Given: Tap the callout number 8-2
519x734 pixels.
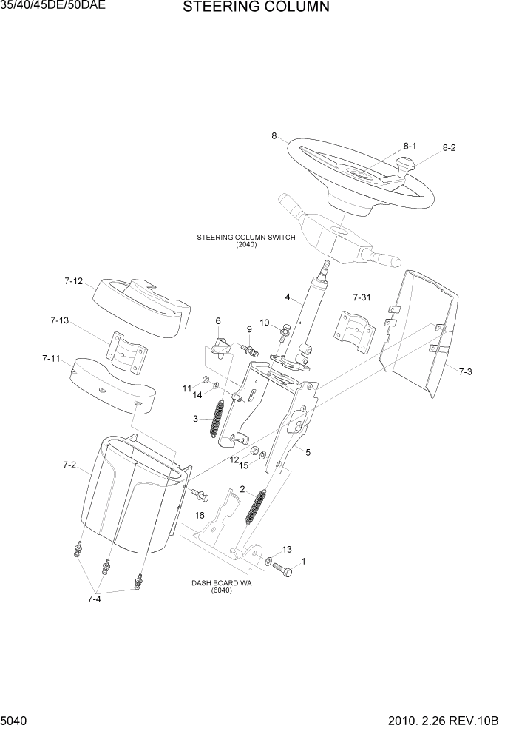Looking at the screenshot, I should pyautogui.click(x=449, y=147).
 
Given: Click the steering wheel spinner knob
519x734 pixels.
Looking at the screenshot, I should pyautogui.click(x=405, y=167).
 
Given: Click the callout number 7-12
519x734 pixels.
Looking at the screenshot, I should pyautogui.click(x=73, y=281).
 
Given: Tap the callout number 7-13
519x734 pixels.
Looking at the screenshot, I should pyautogui.click(x=59, y=320).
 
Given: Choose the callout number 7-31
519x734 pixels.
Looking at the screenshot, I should pyautogui.click(x=362, y=297).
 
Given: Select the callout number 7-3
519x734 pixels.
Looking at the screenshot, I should pyautogui.click(x=464, y=371).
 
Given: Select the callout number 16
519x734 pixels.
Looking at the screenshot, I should pyautogui.click(x=200, y=515).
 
